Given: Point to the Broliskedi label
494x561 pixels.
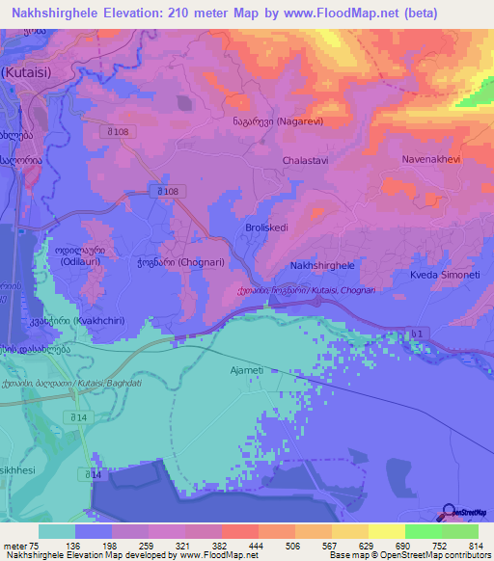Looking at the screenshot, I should (268, 228).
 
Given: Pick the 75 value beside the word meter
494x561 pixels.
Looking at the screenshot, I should (36, 545).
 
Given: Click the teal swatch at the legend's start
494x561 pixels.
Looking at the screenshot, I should (56, 531).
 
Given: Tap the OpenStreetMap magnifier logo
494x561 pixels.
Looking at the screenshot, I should (449, 513).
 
